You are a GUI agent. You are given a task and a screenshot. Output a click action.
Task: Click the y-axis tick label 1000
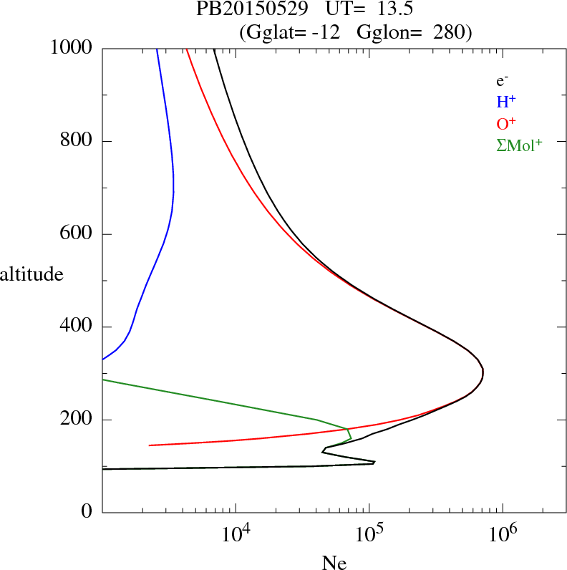72,49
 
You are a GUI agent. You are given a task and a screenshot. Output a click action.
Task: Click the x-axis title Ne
334,563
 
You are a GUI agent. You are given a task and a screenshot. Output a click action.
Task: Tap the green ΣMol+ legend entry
519,145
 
